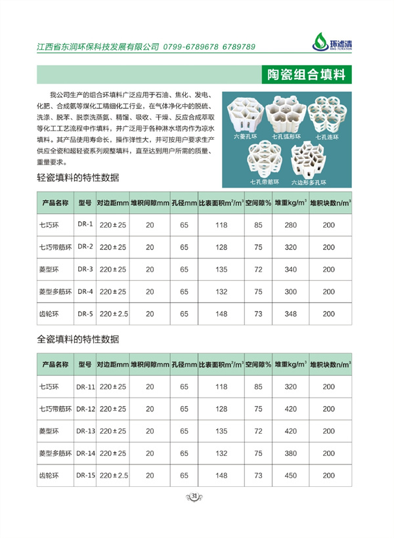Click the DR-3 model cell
pyautogui.click(x=85, y=269)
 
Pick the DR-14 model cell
pyautogui.click(x=85, y=453)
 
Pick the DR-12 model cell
pyautogui.click(x=85, y=409)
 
